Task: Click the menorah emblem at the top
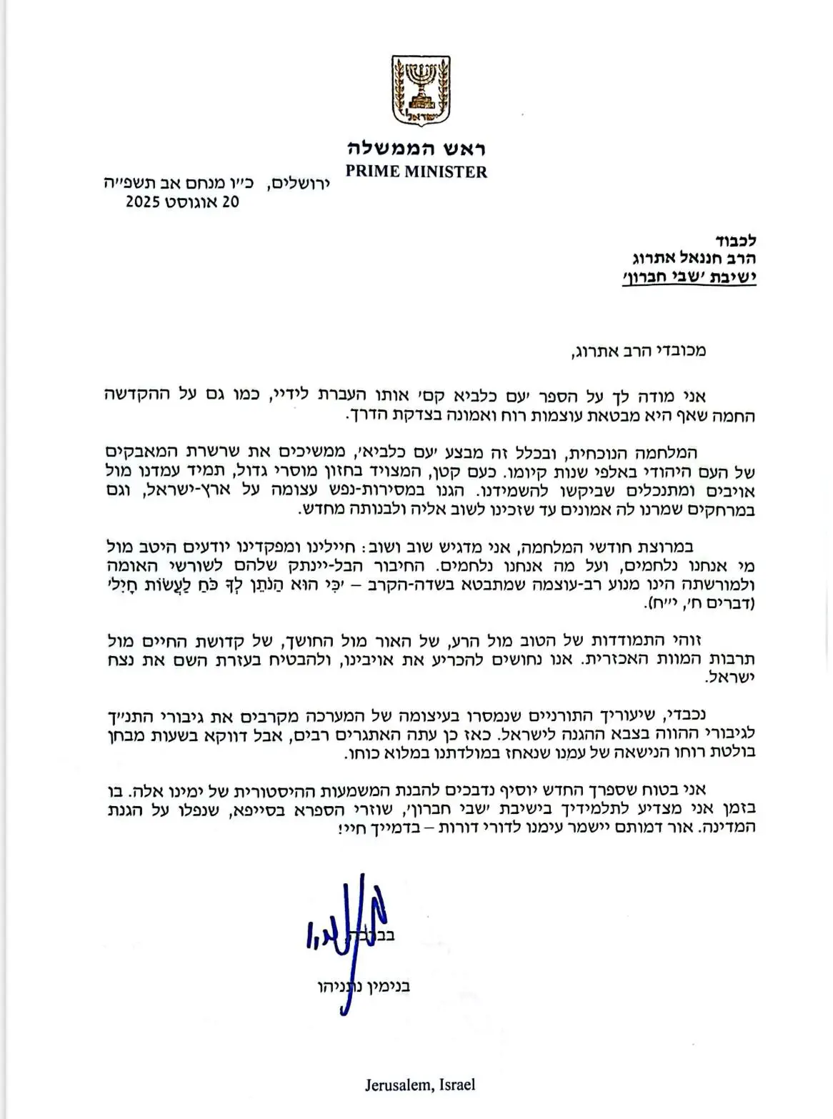[x=416, y=91]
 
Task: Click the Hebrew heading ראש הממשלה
[x=416, y=149]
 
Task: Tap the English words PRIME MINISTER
[x=416, y=171]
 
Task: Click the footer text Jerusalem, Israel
[x=419, y=1085]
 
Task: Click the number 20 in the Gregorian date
[x=230, y=202]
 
